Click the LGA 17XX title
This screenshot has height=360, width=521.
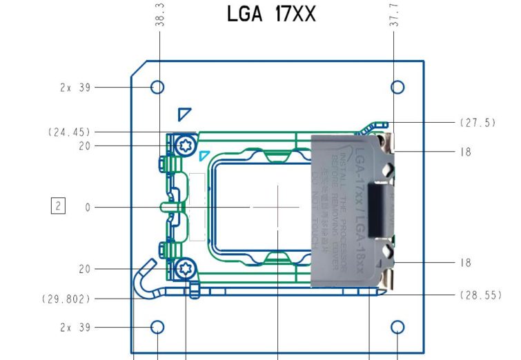(x=271, y=13)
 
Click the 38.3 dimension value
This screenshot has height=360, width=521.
(x=159, y=14)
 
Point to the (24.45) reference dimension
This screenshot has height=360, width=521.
(x=70, y=132)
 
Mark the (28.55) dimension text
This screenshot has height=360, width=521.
(x=478, y=294)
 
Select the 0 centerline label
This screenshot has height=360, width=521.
(x=88, y=206)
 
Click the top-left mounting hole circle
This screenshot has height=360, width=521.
(x=157, y=87)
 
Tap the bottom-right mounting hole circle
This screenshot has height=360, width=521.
(x=397, y=327)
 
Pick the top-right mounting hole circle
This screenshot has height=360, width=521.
(x=397, y=87)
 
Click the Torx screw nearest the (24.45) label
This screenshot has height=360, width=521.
(x=184, y=146)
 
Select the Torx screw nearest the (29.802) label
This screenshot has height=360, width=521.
(x=184, y=268)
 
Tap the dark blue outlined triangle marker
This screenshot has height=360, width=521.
(x=183, y=113)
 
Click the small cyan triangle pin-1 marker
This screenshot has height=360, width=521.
(x=204, y=156)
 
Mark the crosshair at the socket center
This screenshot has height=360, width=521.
(x=277, y=206)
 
